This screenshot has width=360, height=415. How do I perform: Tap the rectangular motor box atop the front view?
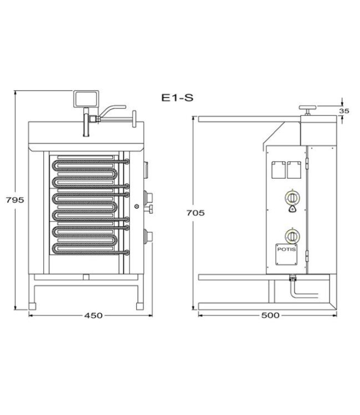point(86,100)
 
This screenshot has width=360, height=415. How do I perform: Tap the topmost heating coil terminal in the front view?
point(127,161)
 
